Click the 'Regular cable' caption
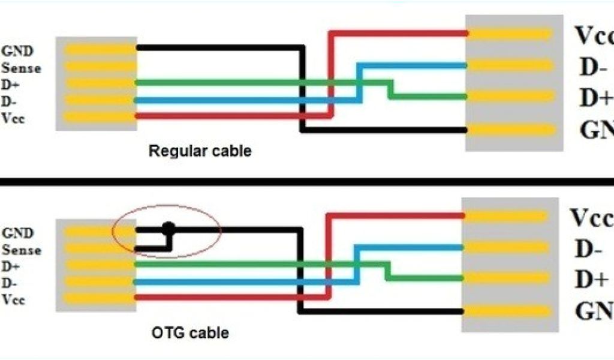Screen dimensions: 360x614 click(x=200, y=151)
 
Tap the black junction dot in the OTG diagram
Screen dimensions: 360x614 click(x=168, y=228)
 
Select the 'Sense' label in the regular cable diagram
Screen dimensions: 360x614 click(x=22, y=68)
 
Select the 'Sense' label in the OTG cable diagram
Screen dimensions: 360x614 click(x=22, y=250)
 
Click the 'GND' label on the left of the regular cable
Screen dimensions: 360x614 click(x=18, y=52)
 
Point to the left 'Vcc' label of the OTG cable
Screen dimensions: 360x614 click(x=14, y=300)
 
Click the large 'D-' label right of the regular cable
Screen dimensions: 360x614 click(x=594, y=67)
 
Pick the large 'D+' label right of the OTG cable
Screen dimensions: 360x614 click(x=591, y=280)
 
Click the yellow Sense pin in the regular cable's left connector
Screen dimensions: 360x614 click(x=96, y=66)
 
